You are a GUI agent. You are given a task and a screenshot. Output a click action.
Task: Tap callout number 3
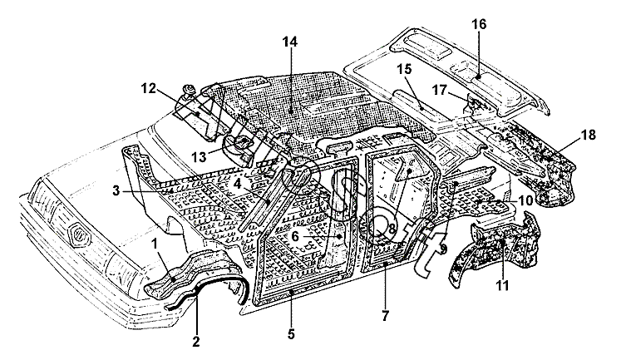coord(119,190)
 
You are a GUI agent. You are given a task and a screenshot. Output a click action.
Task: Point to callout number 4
coord(237,183)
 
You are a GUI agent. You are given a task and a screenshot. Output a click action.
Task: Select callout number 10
coord(525,201)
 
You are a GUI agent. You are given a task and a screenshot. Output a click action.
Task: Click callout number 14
coord(288,42)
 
